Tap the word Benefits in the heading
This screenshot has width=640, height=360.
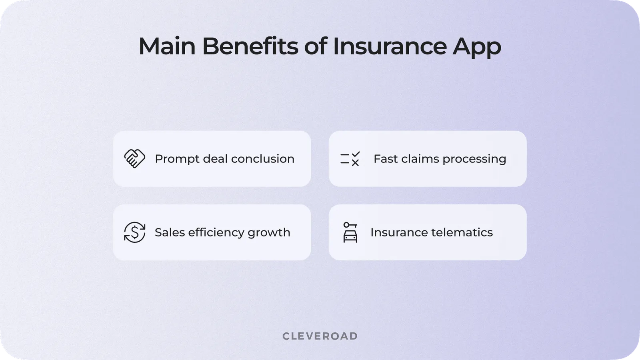coord(250,46)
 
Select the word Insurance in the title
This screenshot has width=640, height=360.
coord(389,46)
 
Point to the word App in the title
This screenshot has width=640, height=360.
coord(476,47)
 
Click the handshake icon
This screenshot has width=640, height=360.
coord(135,159)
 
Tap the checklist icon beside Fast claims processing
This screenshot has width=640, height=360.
coord(350,159)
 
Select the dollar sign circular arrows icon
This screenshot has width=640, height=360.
coord(135,232)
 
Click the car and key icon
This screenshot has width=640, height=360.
coord(350,232)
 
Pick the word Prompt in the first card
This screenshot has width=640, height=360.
coord(177,159)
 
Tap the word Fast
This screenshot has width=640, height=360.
coord(385,159)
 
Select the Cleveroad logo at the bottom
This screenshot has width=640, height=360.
coord(320,336)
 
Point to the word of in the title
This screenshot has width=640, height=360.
coord(315,46)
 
